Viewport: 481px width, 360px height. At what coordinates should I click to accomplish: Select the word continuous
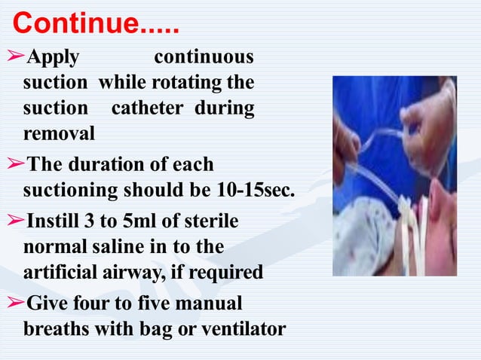point(204,58)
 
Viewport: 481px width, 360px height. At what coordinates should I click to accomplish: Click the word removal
point(60,133)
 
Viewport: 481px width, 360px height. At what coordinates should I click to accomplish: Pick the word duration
point(103,164)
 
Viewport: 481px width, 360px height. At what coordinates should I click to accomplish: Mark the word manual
point(212,304)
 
